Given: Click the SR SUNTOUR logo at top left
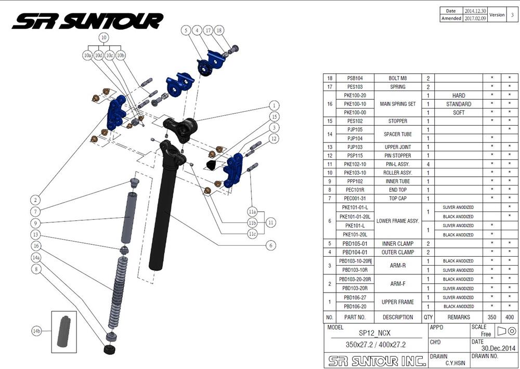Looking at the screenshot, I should (x=87, y=21).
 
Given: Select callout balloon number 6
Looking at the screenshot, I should (x=271, y=245).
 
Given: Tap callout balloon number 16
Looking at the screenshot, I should (x=36, y=245).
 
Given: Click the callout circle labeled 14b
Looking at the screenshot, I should (x=36, y=331).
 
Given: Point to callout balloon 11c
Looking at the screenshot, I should (x=252, y=233).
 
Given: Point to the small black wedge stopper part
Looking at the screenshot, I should (x=212, y=165).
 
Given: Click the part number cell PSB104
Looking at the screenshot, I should (x=355, y=78).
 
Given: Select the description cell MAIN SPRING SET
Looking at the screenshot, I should (x=398, y=104).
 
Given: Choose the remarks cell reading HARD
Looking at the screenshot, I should (x=458, y=96).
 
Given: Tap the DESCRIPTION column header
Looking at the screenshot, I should (x=398, y=317).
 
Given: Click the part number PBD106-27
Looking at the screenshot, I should (x=355, y=297).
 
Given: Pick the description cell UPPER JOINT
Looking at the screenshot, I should (x=398, y=147).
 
